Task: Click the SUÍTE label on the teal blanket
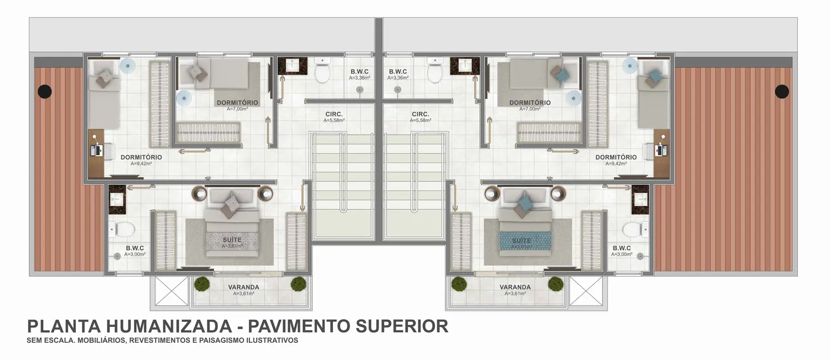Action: pyautogui.click(x=521, y=241)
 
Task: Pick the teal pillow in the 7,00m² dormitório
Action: pyautogui.click(x=561, y=74)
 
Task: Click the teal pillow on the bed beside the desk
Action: pyautogui.click(x=655, y=76)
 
